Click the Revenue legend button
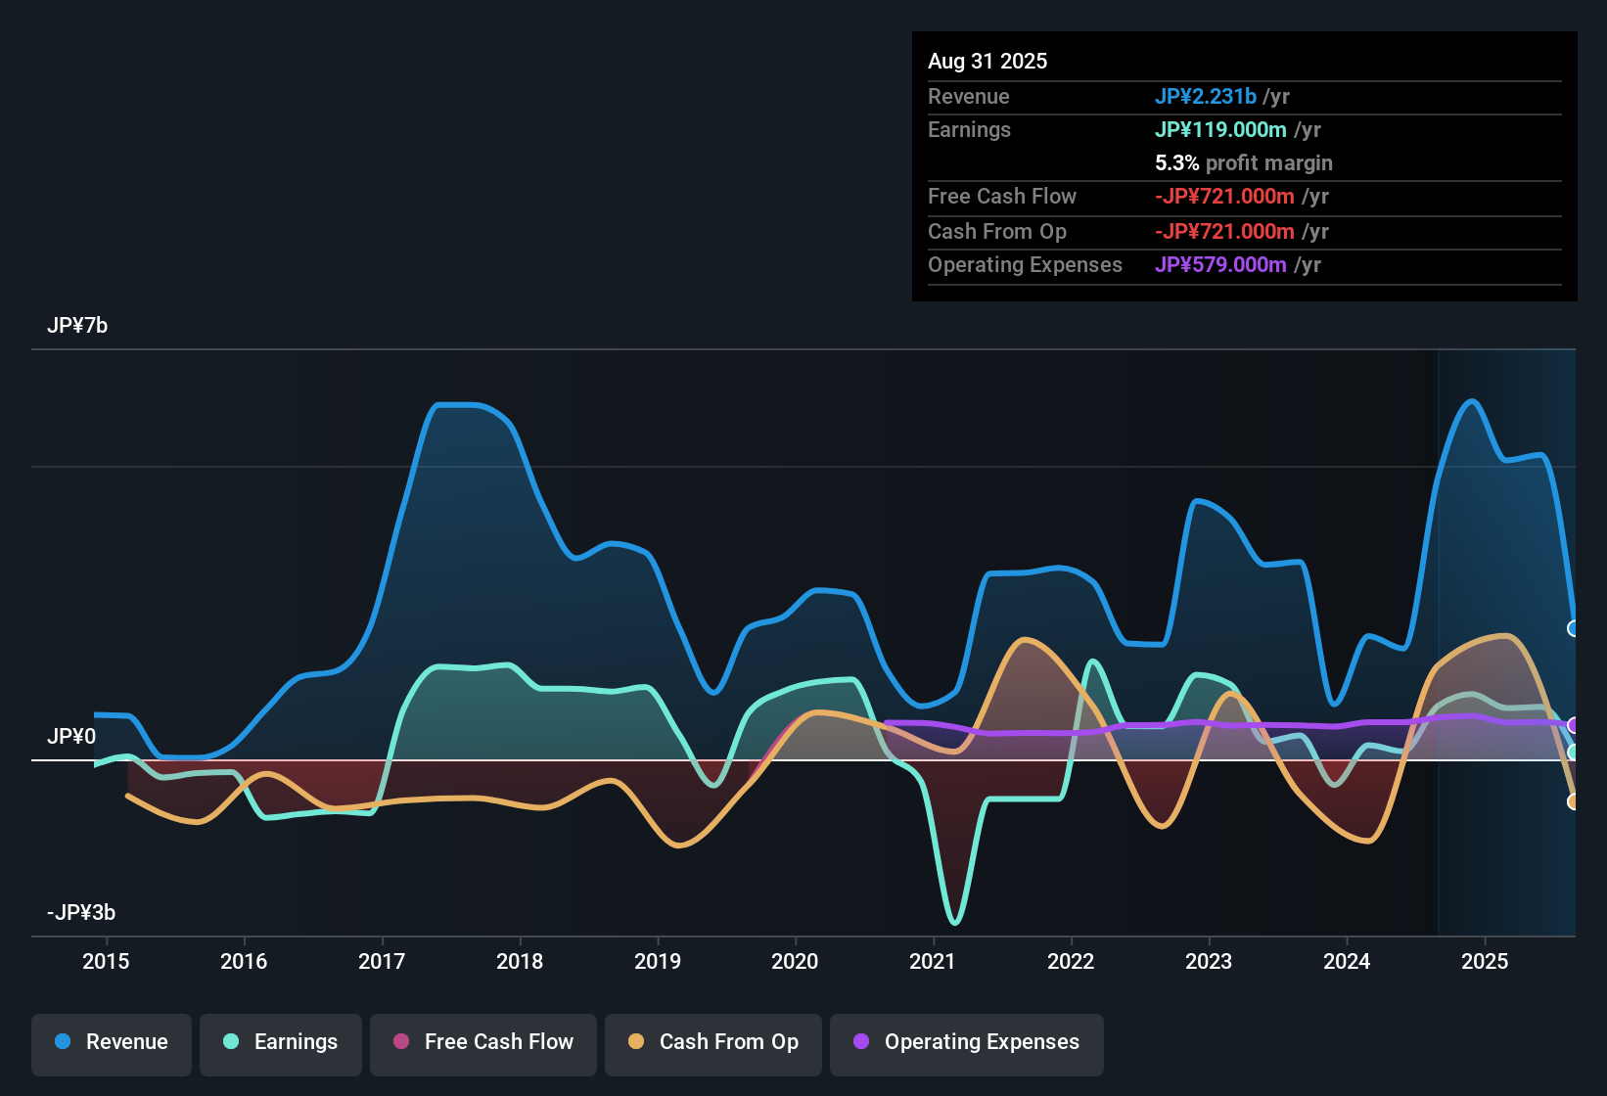112,1042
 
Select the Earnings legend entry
281,1042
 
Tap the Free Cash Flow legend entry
483,1042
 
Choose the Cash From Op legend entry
713,1042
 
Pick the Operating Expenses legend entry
967,1042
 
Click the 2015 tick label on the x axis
106,961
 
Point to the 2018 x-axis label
520,961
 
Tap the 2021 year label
933,961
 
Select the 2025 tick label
1485,961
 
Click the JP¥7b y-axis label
77,325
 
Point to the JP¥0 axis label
71,736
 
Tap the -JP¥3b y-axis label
81,912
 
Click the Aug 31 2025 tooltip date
987,61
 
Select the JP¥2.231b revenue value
1205,96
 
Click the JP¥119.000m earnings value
1220,129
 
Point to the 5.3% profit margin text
1243,162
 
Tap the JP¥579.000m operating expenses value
1220,264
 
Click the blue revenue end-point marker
1574,628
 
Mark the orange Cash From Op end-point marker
1574,801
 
